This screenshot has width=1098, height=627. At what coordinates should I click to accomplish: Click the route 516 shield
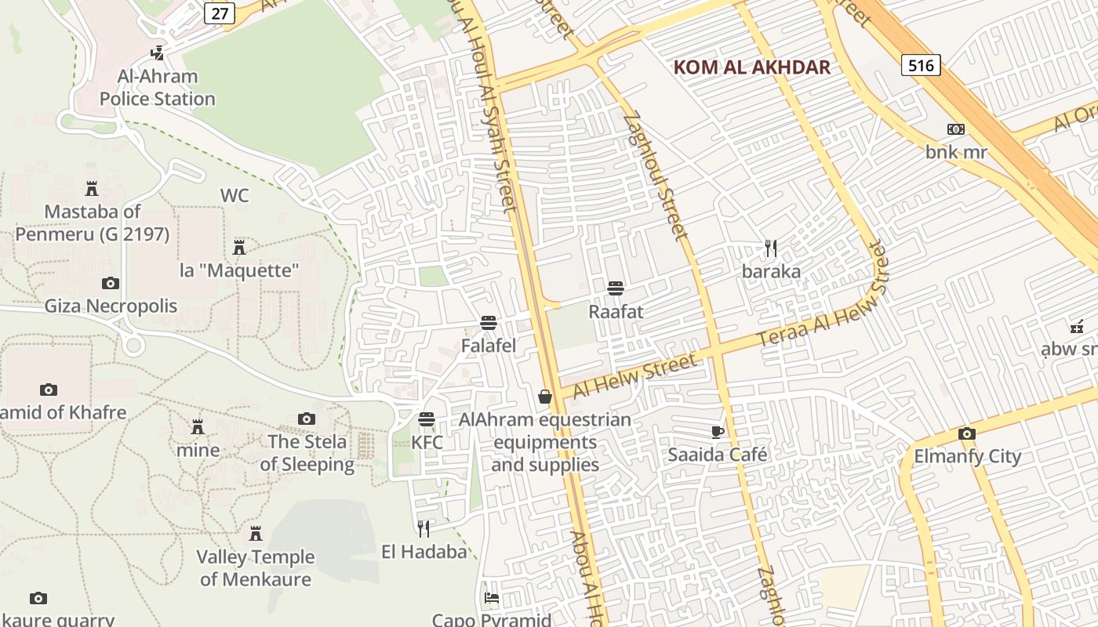(921, 65)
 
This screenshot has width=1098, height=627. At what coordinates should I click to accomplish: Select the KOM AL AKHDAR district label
(751, 67)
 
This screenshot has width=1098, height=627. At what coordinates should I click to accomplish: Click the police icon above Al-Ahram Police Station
(158, 53)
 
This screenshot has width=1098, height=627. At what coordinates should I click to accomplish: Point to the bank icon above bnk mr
(955, 129)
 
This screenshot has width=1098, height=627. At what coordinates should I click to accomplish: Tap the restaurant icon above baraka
(771, 248)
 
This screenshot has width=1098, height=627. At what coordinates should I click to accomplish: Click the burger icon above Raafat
(616, 288)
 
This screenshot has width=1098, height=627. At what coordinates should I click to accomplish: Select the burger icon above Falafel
(489, 322)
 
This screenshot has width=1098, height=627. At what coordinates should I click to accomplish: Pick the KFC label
(427, 442)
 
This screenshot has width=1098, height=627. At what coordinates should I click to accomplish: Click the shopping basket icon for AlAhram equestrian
(545, 397)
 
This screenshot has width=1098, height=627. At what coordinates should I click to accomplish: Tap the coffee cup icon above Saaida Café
(717, 431)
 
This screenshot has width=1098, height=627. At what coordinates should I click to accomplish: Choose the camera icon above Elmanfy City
(967, 433)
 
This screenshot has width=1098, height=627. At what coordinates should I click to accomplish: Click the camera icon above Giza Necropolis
(111, 283)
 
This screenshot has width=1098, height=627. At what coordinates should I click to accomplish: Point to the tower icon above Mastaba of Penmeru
(92, 189)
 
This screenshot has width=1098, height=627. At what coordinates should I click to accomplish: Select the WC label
(235, 195)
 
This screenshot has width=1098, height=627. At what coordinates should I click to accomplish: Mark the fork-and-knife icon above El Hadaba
(424, 528)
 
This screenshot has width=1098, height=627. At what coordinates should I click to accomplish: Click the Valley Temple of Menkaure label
(255, 568)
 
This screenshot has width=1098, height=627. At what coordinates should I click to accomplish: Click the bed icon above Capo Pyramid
(492, 598)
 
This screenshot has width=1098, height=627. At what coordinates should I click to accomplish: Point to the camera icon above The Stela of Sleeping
(307, 419)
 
